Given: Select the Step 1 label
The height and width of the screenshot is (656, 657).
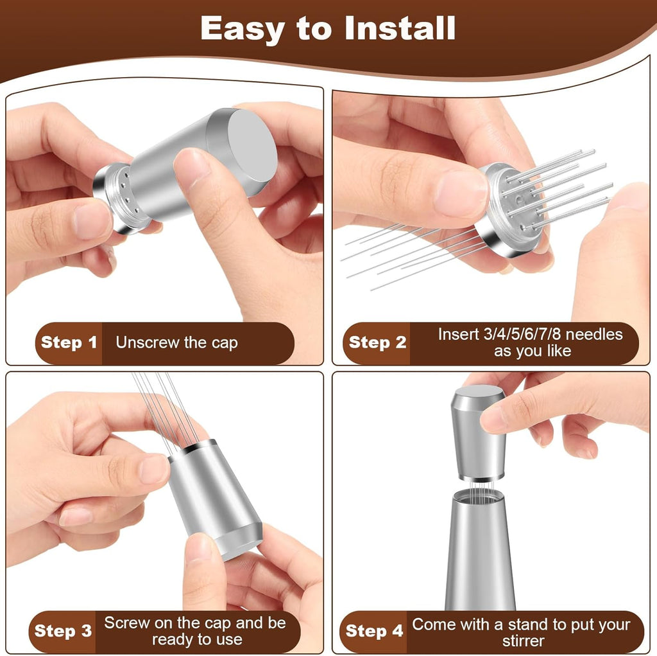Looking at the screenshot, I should click(69, 342).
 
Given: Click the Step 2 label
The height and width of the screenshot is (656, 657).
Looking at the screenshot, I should click(377, 342).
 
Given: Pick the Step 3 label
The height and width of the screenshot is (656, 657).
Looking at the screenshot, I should click(64, 631).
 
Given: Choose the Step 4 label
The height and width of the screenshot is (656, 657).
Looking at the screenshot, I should click(375, 631).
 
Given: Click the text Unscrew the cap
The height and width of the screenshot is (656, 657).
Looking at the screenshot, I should click(176, 342).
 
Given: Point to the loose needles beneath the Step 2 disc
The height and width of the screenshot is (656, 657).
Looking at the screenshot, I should click(404, 254).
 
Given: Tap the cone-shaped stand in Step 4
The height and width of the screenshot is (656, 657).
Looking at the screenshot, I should click(480, 553).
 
